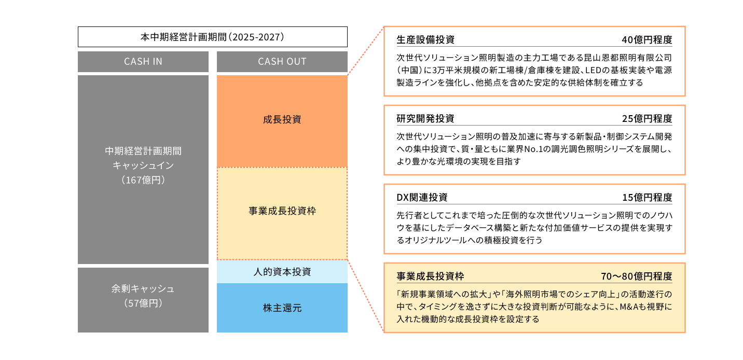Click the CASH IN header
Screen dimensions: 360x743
tap(143, 62)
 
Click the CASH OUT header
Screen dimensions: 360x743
tap(282, 62)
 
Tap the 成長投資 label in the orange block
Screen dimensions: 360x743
tap(282, 120)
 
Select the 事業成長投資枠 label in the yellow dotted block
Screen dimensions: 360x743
tap(282, 212)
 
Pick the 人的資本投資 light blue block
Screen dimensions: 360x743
tap(282, 271)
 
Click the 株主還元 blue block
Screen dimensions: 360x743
tap(282, 308)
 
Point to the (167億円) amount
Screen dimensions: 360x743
tap(143, 181)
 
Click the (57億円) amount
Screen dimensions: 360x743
tap(143, 303)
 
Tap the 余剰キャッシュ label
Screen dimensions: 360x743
tap(143, 289)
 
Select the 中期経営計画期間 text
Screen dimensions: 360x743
tap(143, 151)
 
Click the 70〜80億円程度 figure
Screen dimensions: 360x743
tap(636, 276)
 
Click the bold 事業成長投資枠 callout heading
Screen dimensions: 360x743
tap(430, 276)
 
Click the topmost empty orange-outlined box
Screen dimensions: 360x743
tap(534, 61)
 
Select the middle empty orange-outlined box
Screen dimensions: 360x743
tap(534, 140)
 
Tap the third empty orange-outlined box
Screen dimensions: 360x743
tap(534, 218)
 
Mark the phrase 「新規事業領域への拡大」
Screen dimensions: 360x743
tap(443, 294)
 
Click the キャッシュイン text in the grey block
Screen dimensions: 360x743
tap(143, 165)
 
